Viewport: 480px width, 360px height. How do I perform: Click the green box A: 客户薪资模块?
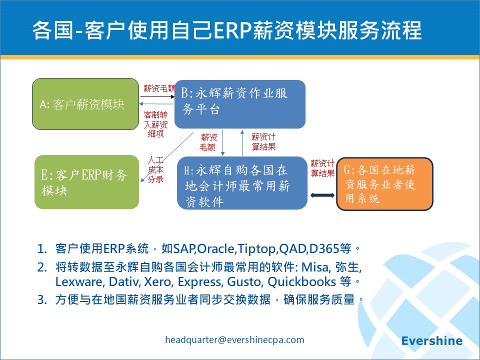[85, 104]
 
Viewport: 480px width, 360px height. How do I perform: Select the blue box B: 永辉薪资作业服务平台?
[240, 104]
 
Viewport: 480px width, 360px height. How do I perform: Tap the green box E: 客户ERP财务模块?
[86, 182]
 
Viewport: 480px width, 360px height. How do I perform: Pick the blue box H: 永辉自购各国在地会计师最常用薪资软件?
[242, 183]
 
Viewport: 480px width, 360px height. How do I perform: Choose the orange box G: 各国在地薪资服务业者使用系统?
[385, 184]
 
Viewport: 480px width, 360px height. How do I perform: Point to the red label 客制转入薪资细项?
[156, 124]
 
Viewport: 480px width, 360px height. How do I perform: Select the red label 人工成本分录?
[156, 169]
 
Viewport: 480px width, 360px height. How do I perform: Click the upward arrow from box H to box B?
[242, 143]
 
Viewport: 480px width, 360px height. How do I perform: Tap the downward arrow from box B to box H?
[223, 143]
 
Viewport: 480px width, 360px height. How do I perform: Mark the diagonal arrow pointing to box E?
[166, 157]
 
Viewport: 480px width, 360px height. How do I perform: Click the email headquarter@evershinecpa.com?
[234, 340]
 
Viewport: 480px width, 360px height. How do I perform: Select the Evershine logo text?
[432, 340]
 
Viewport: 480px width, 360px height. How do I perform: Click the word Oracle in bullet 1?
[216, 248]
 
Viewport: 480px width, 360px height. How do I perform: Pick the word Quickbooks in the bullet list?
[302, 281]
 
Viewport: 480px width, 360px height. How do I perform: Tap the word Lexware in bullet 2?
[78, 281]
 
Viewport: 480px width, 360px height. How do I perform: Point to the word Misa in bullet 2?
[315, 267]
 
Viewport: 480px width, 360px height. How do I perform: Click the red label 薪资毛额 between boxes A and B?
[159, 88]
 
